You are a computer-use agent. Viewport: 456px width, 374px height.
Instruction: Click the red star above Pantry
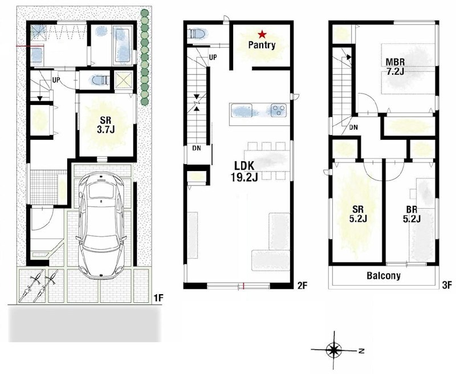[262, 35]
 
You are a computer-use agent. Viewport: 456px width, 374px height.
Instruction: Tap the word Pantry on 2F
[262, 46]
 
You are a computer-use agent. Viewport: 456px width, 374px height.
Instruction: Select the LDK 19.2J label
[245, 171]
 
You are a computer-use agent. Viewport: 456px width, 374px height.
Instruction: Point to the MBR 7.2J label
[395, 67]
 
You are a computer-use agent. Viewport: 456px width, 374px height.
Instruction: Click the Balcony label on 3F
[384, 275]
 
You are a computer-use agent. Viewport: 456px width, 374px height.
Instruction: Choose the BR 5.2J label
[412, 214]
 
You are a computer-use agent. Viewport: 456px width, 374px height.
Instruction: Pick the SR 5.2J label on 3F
[358, 214]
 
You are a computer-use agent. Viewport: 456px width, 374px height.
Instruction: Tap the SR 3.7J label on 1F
[106, 125]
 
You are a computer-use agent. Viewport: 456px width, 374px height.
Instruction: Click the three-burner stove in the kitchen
[279, 110]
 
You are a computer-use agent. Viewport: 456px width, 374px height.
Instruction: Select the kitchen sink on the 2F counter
[241, 111]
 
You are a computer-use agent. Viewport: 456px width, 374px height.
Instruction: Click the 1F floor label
[159, 298]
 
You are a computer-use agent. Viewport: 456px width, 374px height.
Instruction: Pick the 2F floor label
[302, 286]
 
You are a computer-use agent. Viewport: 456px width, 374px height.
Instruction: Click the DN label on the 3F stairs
[353, 127]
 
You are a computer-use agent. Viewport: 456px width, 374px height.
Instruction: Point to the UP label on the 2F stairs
[213, 58]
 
